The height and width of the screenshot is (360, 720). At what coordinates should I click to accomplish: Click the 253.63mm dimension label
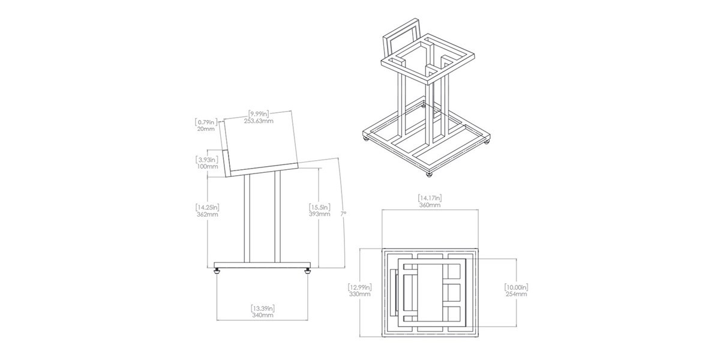click(x=259, y=121)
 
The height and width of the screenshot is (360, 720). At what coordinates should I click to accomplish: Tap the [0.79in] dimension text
click(x=206, y=122)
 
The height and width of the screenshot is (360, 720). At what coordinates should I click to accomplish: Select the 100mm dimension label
click(x=208, y=167)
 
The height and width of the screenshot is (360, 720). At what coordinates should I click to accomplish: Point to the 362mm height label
click(x=208, y=214)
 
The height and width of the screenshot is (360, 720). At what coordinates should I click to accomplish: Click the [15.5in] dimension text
click(x=319, y=208)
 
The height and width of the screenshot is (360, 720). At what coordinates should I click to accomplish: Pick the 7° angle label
click(x=344, y=214)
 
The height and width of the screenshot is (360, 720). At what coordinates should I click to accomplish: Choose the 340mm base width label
click(x=263, y=316)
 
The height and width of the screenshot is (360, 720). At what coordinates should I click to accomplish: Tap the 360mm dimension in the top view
click(x=430, y=205)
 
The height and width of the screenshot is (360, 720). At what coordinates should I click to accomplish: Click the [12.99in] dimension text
click(x=360, y=287)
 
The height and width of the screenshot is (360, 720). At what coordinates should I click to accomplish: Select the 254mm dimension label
click(x=516, y=294)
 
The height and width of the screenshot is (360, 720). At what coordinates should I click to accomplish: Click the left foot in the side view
click(x=217, y=271)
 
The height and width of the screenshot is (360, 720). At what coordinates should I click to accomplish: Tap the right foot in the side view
click(x=308, y=271)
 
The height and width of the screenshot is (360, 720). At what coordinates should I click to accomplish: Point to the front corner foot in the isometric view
click(x=429, y=175)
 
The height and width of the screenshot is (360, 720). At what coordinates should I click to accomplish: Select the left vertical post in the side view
click(x=247, y=219)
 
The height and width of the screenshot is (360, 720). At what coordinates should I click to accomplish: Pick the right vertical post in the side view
click(x=277, y=217)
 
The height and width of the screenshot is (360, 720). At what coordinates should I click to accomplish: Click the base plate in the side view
click(x=263, y=265)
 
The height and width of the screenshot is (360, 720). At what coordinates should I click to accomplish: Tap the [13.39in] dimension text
click(x=263, y=308)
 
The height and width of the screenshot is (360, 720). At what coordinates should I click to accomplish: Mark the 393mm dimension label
click(x=319, y=214)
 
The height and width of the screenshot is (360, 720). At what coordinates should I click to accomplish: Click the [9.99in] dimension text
click(x=259, y=114)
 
